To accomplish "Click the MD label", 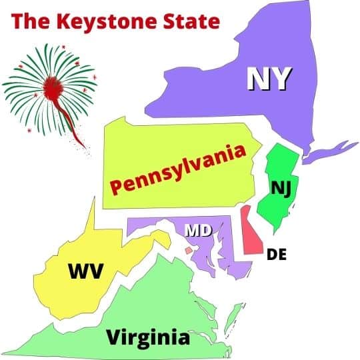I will pyautogui.click(x=198, y=231).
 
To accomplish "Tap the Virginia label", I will pyautogui.click(x=148, y=337).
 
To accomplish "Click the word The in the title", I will pyautogui.click(x=31, y=21).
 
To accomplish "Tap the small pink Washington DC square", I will pyautogui.click(x=189, y=250).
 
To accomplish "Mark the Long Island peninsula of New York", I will pyautogui.click(x=330, y=150).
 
